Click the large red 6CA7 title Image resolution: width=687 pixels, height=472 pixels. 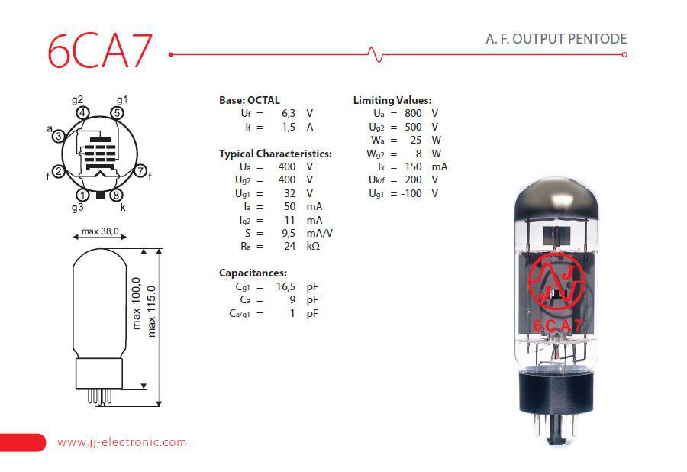[100, 50]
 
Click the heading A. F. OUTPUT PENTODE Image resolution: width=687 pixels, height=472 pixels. [556, 38]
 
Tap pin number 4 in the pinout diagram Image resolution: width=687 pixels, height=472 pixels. [82, 112]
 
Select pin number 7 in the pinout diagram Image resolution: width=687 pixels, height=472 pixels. [140, 170]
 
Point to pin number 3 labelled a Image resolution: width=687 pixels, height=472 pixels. [58, 136]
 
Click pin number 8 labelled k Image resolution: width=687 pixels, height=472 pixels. [116, 195]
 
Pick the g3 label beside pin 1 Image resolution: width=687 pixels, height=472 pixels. [77, 207]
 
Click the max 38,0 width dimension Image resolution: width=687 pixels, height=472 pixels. [100, 231]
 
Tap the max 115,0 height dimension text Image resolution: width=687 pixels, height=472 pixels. [151, 311]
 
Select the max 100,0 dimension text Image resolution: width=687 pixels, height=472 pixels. [137, 303]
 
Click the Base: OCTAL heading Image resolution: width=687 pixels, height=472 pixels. [250, 100]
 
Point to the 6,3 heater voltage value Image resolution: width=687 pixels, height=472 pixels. [289, 113]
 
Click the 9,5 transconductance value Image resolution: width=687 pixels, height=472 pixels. [289, 233]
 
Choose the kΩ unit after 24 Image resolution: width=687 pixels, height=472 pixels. [313, 246]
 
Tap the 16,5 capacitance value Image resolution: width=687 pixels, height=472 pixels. [285, 286]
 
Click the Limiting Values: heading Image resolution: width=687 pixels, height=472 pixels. [392, 100]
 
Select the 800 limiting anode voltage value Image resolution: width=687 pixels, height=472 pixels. [413, 113]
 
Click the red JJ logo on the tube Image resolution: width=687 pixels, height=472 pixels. [556, 281]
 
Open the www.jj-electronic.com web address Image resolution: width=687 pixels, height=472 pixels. [122, 441]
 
